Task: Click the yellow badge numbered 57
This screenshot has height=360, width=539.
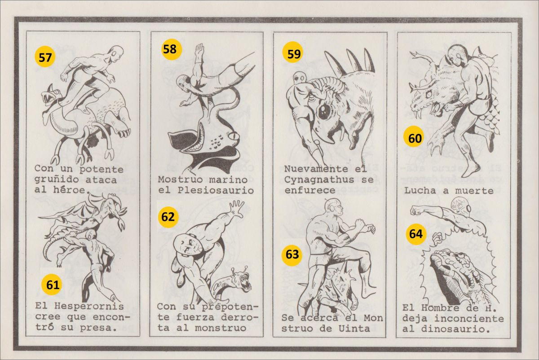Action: (45, 57)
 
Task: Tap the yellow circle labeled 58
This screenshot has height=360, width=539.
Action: (172, 49)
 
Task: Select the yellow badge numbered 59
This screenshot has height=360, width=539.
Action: (293, 53)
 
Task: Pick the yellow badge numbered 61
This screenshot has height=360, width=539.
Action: (52, 285)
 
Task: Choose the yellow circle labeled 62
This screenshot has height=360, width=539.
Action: (168, 217)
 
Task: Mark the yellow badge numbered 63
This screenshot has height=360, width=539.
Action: (292, 255)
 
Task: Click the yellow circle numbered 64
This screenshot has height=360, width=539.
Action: (416, 234)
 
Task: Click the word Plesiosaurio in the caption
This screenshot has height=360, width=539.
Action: (216, 190)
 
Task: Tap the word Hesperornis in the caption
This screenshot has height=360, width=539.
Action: (89, 307)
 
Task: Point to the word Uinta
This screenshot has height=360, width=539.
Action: (354, 329)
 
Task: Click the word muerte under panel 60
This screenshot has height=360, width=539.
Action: (474, 191)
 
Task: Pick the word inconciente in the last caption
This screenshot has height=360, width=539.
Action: (469, 319)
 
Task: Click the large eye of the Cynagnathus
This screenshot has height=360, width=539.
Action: (324, 110)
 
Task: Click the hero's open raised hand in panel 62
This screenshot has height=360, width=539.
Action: (237, 207)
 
